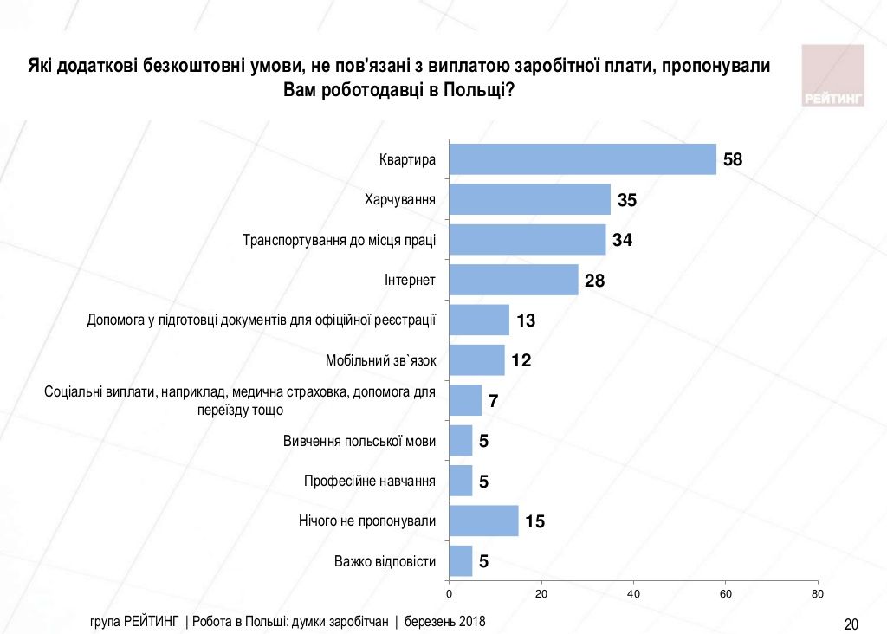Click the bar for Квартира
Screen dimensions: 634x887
[x=582, y=159]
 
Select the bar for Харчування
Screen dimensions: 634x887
[x=529, y=199]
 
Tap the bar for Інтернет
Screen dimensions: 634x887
[x=513, y=280]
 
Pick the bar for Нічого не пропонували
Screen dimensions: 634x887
[x=483, y=521]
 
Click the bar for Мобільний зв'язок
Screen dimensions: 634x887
[x=476, y=360]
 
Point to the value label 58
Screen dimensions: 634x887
[x=735, y=159]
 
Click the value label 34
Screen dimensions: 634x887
[x=622, y=240]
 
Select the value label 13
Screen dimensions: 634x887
[x=526, y=320]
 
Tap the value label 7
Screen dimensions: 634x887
[x=494, y=401]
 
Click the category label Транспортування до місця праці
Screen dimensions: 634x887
[x=339, y=240]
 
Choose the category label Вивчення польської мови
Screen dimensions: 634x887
[x=359, y=441]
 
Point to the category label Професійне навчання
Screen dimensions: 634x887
[x=370, y=481]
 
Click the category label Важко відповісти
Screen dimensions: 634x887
[x=385, y=561]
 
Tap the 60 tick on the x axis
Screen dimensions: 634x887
[x=725, y=594]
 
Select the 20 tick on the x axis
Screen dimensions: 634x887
[x=541, y=594]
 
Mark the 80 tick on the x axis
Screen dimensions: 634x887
[x=817, y=594]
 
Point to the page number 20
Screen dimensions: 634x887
[x=850, y=624]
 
